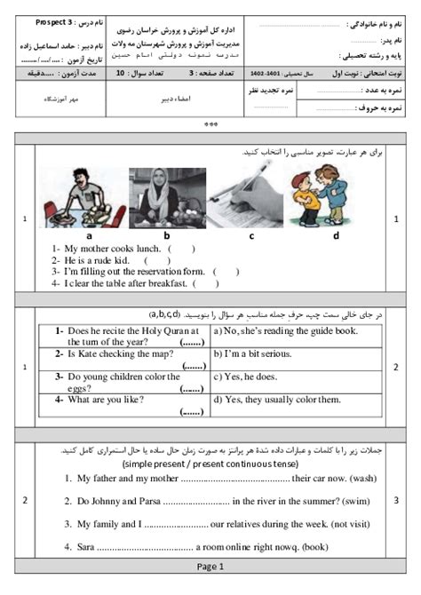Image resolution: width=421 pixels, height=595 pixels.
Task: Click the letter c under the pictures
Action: pos(251,235)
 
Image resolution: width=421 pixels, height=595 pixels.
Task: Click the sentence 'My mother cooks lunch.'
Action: pos(106,249)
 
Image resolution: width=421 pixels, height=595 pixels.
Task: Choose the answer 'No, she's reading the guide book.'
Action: pos(285,330)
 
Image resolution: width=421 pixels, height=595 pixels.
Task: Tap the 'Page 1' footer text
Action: pos(210,566)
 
